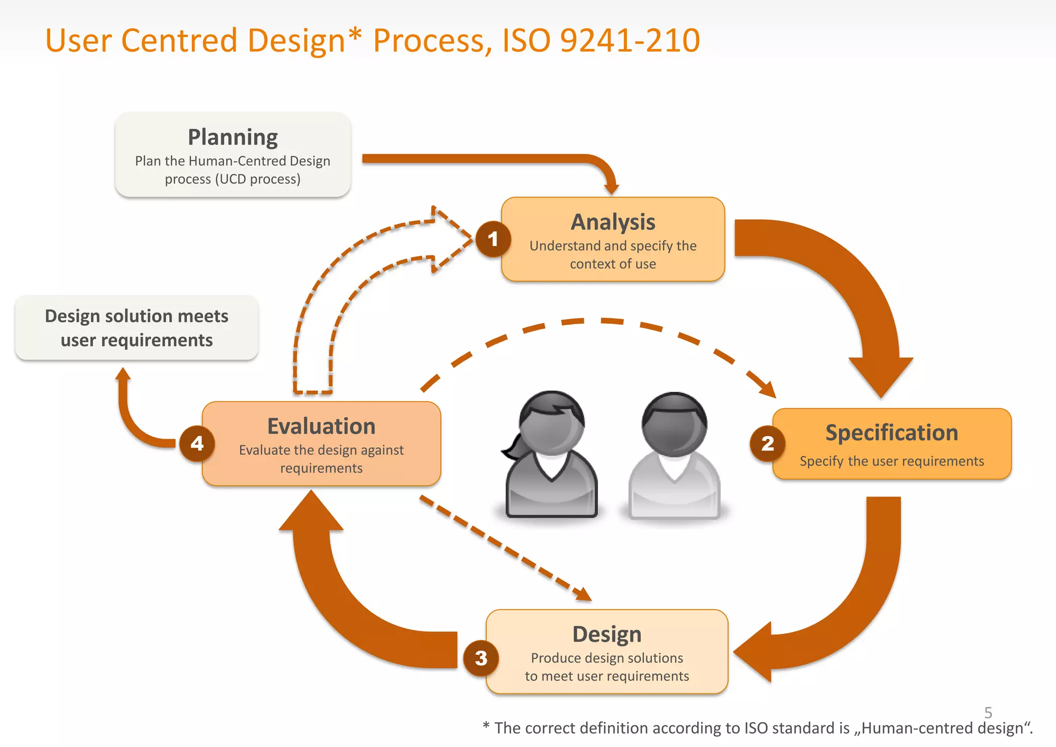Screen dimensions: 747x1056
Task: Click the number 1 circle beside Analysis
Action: click(x=493, y=239)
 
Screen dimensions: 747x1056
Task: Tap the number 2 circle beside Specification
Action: click(x=767, y=443)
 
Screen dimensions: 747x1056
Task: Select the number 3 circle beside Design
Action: click(x=481, y=658)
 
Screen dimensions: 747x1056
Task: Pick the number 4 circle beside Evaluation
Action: click(x=197, y=443)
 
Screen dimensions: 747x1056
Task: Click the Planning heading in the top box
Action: click(x=233, y=137)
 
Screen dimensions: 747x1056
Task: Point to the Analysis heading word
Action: click(x=613, y=222)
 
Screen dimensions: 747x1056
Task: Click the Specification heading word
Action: click(x=892, y=433)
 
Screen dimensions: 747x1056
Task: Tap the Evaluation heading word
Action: click(x=321, y=426)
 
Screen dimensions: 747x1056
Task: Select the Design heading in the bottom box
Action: click(x=607, y=634)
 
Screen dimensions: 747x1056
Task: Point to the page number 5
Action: click(x=988, y=712)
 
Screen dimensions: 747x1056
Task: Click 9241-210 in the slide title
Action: click(x=630, y=40)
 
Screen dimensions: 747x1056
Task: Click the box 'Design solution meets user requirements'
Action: click(x=137, y=328)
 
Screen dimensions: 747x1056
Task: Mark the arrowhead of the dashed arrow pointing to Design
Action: click(x=584, y=595)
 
